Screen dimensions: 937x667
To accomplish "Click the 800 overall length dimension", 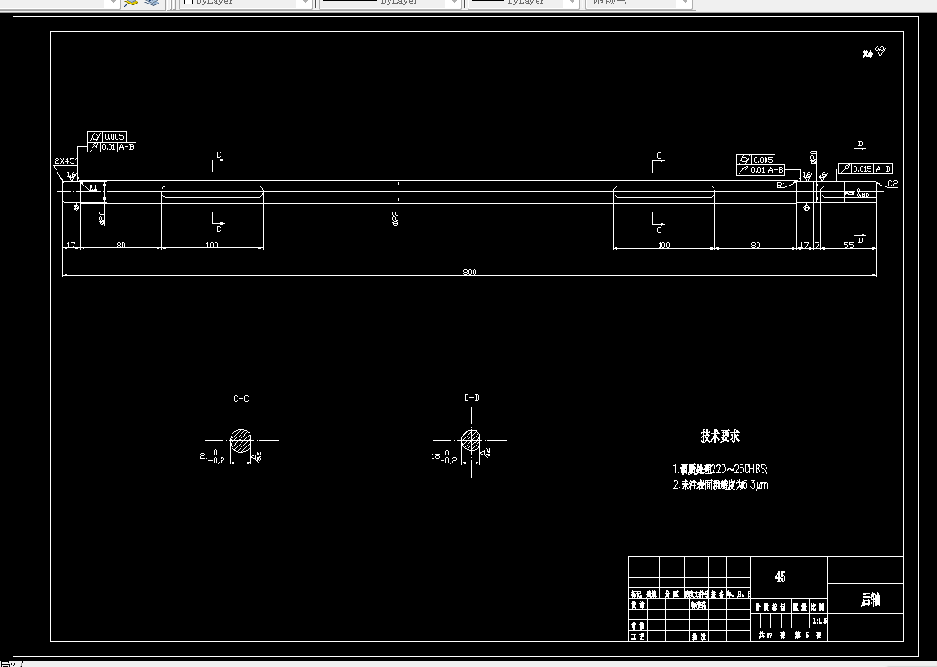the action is pos(468,272).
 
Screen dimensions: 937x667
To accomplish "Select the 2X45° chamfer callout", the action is pos(66,161).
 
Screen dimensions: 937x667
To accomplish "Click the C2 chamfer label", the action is pos(892,184).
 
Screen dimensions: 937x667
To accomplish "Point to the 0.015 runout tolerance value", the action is pos(863,169).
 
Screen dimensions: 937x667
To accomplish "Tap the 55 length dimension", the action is pos(848,245).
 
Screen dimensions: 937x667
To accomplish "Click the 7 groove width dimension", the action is pos(817,245).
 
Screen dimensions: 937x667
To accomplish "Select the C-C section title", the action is pos(241,397).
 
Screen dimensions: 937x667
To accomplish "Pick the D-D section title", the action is pos(471,397).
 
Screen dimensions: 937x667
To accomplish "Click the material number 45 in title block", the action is pos(780,576).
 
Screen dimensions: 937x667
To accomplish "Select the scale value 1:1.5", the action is pos(819,620).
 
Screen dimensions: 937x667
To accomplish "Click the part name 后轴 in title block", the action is pos(870,600).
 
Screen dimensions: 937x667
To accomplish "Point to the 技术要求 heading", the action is pos(720,437).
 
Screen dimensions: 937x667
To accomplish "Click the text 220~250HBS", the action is pos(739,469).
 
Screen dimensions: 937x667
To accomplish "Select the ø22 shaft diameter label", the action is pos(396,218).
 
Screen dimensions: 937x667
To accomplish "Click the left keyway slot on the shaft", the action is pos(212,191).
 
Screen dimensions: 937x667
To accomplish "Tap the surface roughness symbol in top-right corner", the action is pos(876,52).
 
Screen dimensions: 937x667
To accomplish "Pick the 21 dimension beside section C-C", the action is pos(204,455).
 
